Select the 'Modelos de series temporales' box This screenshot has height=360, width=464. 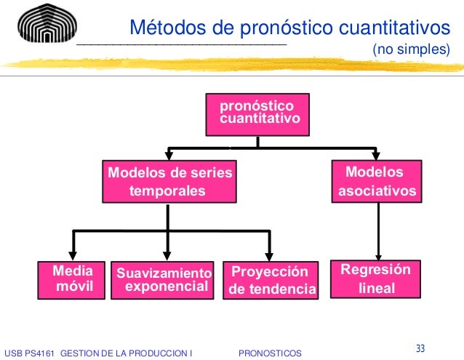tap(169, 182)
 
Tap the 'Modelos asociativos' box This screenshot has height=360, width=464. tap(377, 182)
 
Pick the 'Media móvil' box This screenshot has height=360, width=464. tap(73, 279)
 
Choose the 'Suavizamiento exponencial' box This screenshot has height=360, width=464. tap(163, 280)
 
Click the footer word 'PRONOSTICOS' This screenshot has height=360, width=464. tap(270, 353)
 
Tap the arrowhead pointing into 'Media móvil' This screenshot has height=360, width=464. tap(73, 254)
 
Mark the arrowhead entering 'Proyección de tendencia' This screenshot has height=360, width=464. tap(270, 254)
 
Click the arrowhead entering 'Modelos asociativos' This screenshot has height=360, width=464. tap(376, 156)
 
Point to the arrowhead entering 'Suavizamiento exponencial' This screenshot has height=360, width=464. tap(169, 254)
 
